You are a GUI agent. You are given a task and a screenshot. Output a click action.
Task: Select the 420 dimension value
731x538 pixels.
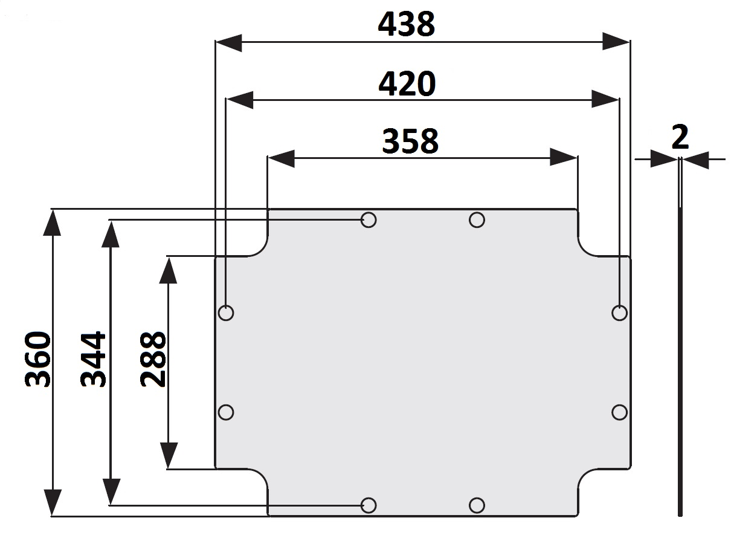407,83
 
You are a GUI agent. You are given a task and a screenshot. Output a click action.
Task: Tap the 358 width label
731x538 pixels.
410,141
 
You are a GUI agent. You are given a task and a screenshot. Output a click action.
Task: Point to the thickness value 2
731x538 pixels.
680,137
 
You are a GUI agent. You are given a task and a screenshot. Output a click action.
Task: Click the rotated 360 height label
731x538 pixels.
38,359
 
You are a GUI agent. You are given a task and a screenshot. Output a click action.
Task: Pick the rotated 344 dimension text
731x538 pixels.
93,359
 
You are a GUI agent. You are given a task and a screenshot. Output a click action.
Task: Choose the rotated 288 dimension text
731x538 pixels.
153,359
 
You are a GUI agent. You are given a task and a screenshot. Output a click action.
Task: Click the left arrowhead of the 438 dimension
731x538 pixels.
229,43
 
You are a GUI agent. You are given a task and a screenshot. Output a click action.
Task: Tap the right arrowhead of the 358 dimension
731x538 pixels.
564,157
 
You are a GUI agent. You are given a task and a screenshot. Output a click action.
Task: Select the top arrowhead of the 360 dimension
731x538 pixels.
52,223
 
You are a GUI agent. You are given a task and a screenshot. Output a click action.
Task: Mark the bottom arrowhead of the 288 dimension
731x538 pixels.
169,455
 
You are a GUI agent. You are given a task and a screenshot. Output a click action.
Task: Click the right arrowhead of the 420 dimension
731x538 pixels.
605,99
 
